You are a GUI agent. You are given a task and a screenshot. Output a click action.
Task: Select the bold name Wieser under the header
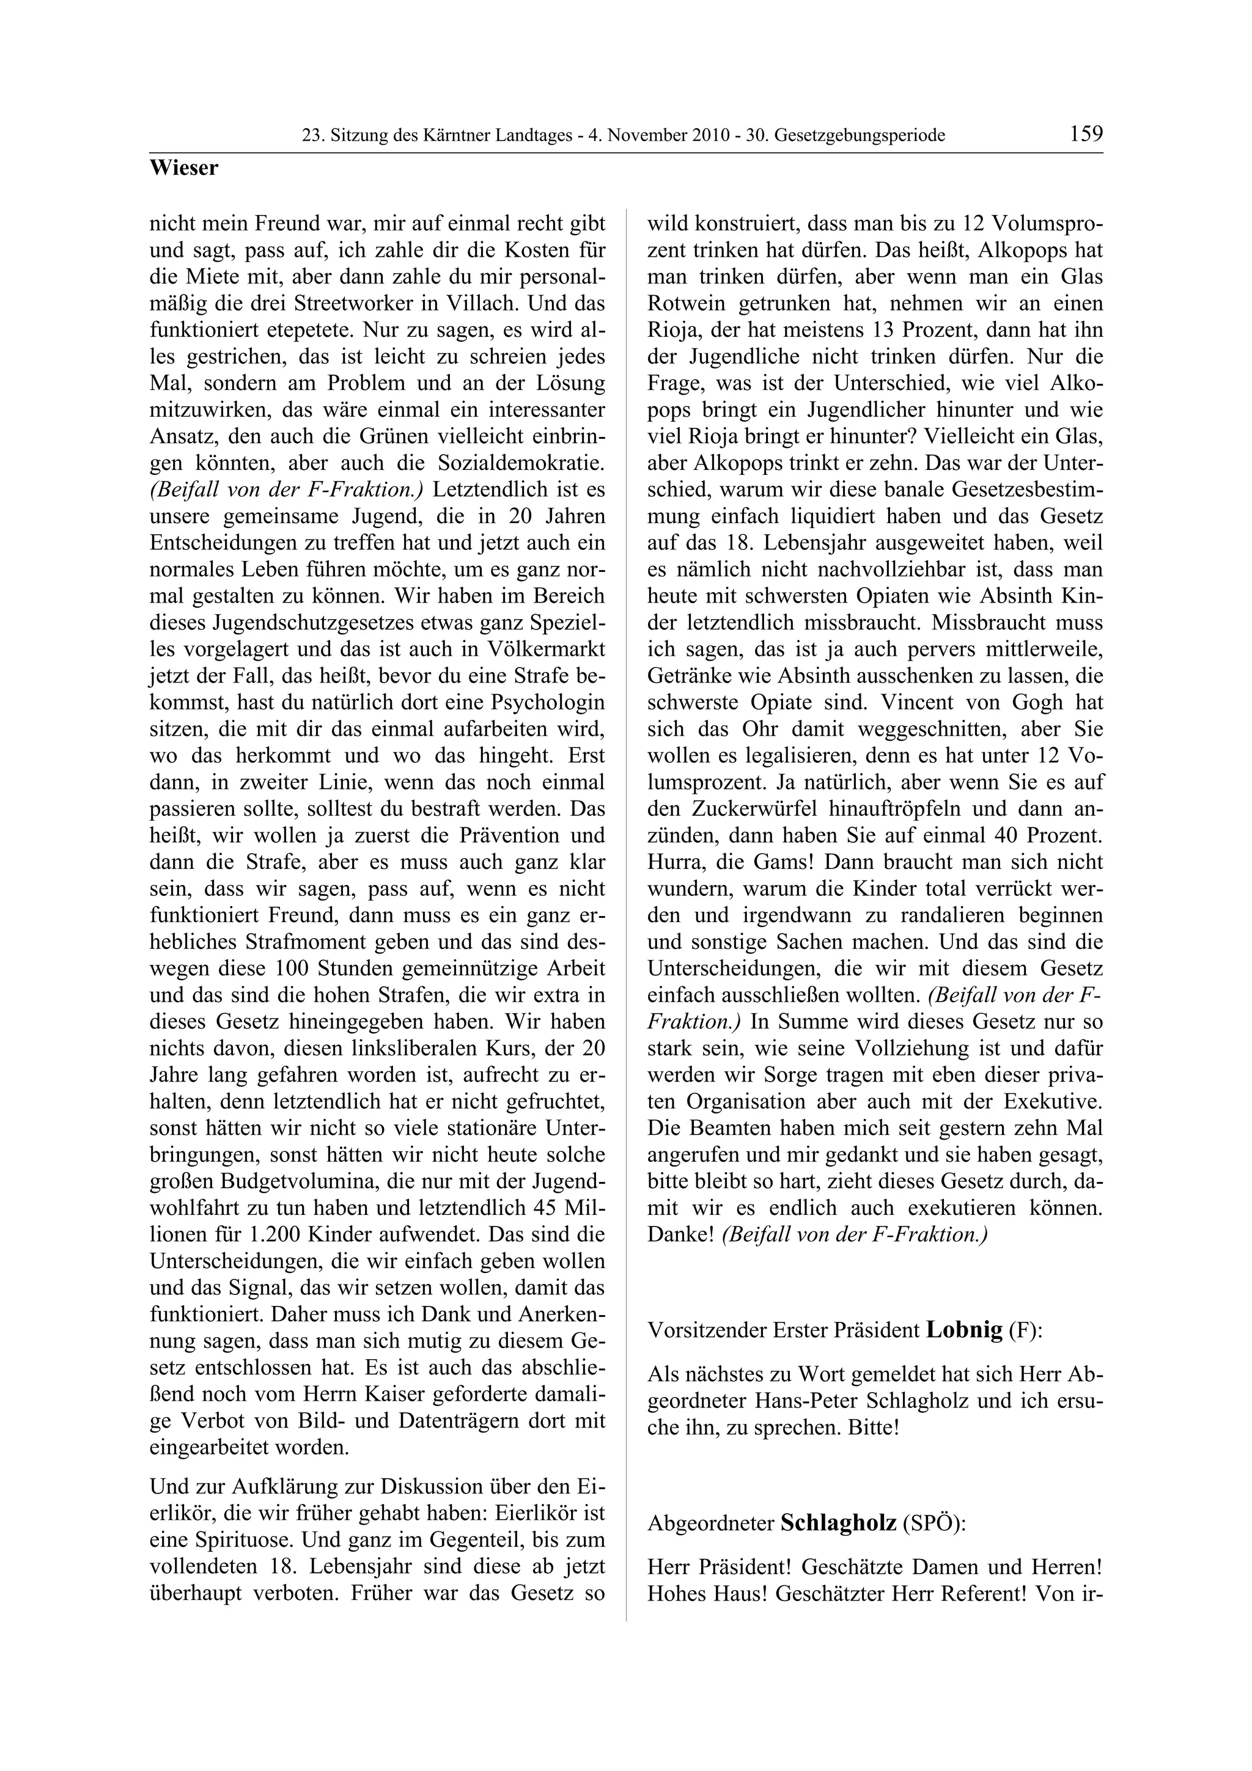[x=183, y=168]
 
